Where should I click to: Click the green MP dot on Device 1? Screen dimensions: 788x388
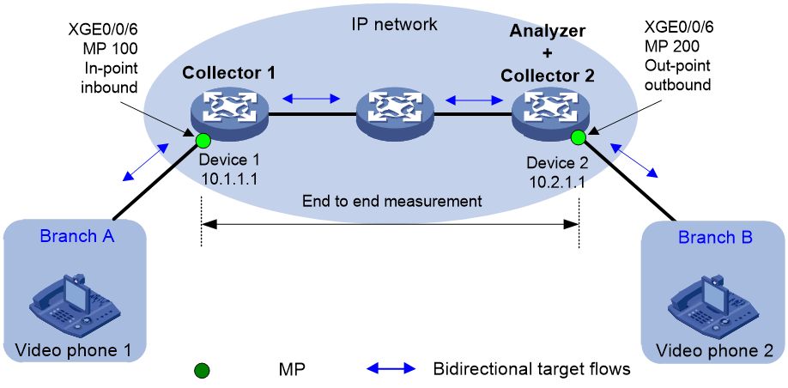pos(203,139)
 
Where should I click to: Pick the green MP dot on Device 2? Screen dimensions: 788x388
pos(578,136)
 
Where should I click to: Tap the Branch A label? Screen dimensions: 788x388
pos(77,236)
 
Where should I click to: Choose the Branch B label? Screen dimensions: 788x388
pos(716,237)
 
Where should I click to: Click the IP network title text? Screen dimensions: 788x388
pos(394,24)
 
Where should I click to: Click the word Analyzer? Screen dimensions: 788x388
pos(549,31)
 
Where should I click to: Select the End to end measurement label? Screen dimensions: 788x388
pos(392,202)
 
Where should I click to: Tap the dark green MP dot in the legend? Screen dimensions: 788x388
pos(202,372)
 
